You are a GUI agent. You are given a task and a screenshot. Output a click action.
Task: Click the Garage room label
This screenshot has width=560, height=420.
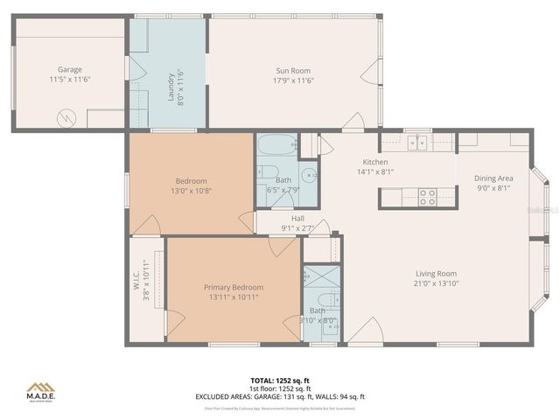[70, 69]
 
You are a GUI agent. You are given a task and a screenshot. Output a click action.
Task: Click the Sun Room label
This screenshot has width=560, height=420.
[293, 71]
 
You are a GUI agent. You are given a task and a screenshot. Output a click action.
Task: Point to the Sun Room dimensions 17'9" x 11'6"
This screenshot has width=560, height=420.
[293, 80]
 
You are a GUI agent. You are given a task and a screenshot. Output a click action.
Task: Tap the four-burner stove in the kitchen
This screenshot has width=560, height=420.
[428, 197]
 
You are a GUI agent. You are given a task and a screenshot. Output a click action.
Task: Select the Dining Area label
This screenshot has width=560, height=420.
[494, 178]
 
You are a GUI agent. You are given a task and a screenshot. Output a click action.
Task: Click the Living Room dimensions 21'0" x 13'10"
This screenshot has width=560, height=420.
[436, 283]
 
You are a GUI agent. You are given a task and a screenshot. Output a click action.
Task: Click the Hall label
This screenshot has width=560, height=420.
[297, 219]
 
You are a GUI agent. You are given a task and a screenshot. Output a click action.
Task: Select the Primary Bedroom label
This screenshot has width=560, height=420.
[234, 287]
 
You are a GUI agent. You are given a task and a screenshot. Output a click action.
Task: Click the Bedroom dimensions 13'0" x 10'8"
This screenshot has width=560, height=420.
[191, 190]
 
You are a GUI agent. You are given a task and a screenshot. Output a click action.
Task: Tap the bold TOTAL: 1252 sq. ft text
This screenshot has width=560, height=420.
[280, 381]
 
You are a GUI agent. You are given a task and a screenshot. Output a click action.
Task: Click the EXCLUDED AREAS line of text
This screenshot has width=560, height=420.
[280, 396]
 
